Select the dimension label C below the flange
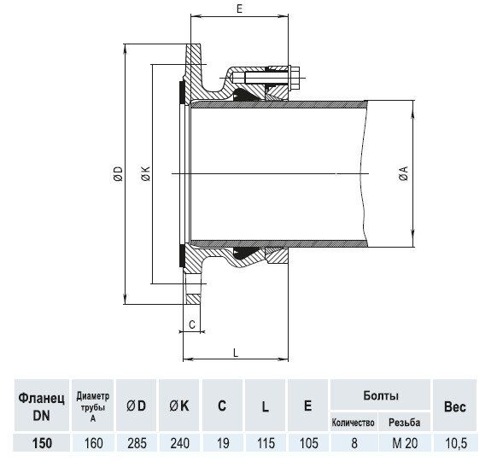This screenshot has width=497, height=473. pos(192,324)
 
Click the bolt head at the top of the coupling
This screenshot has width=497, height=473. pos(303,73)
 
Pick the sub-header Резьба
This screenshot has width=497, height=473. pos(404,423)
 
